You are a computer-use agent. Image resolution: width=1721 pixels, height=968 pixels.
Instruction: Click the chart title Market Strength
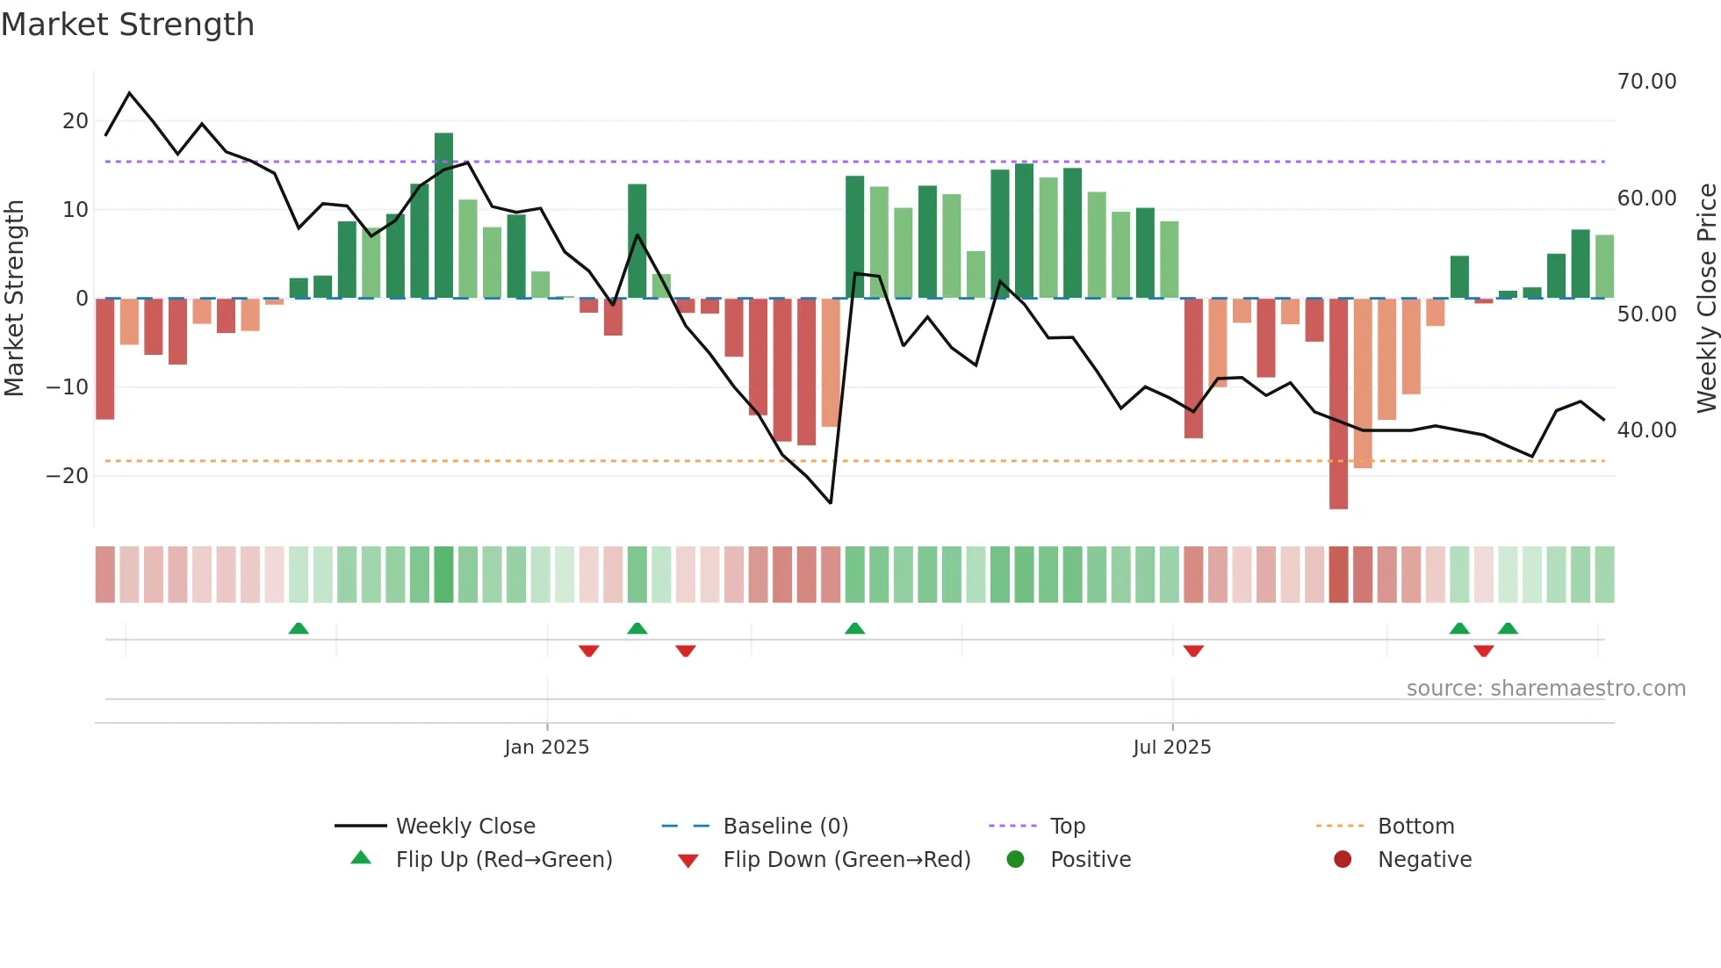(127, 25)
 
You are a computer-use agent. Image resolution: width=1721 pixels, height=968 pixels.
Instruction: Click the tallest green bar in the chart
(443, 215)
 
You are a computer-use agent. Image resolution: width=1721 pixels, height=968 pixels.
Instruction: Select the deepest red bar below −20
(1338, 404)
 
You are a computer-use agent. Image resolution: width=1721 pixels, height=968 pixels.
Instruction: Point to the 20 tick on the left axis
(76, 121)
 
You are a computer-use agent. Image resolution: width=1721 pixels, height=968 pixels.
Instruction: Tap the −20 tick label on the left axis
(68, 476)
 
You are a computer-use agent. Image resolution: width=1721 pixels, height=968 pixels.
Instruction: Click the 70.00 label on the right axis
(1646, 82)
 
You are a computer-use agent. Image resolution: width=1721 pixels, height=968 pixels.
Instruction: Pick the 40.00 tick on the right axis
(1646, 430)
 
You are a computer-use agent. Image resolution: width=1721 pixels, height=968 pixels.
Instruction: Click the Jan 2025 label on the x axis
(546, 748)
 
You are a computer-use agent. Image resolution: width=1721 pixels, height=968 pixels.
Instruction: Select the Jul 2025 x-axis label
(1171, 748)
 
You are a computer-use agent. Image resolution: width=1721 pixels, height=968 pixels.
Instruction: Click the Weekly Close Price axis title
(1706, 299)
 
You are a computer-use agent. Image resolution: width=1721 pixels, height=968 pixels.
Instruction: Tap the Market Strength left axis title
(14, 299)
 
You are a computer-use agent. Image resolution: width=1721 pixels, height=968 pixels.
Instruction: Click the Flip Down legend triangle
(688, 861)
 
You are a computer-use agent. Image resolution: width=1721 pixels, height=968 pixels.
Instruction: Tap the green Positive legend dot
(1015, 860)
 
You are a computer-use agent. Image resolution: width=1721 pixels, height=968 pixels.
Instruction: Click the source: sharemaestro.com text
(1545, 689)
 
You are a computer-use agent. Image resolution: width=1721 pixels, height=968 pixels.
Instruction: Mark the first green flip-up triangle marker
(299, 628)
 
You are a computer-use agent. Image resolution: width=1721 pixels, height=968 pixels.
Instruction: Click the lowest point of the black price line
(830, 502)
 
